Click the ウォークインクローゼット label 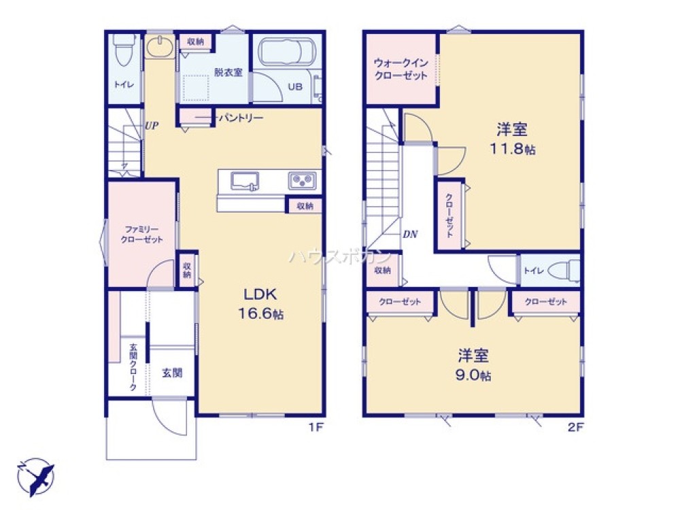[x=401, y=69]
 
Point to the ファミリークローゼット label [x=141, y=234]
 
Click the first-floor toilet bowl [x=124, y=51]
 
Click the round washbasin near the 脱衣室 [x=160, y=49]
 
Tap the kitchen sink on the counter [x=244, y=181]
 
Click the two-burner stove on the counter [x=301, y=181]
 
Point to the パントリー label [x=240, y=118]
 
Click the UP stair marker [x=151, y=125]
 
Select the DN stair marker [x=409, y=234]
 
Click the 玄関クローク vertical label [x=133, y=368]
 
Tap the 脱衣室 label [x=228, y=72]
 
